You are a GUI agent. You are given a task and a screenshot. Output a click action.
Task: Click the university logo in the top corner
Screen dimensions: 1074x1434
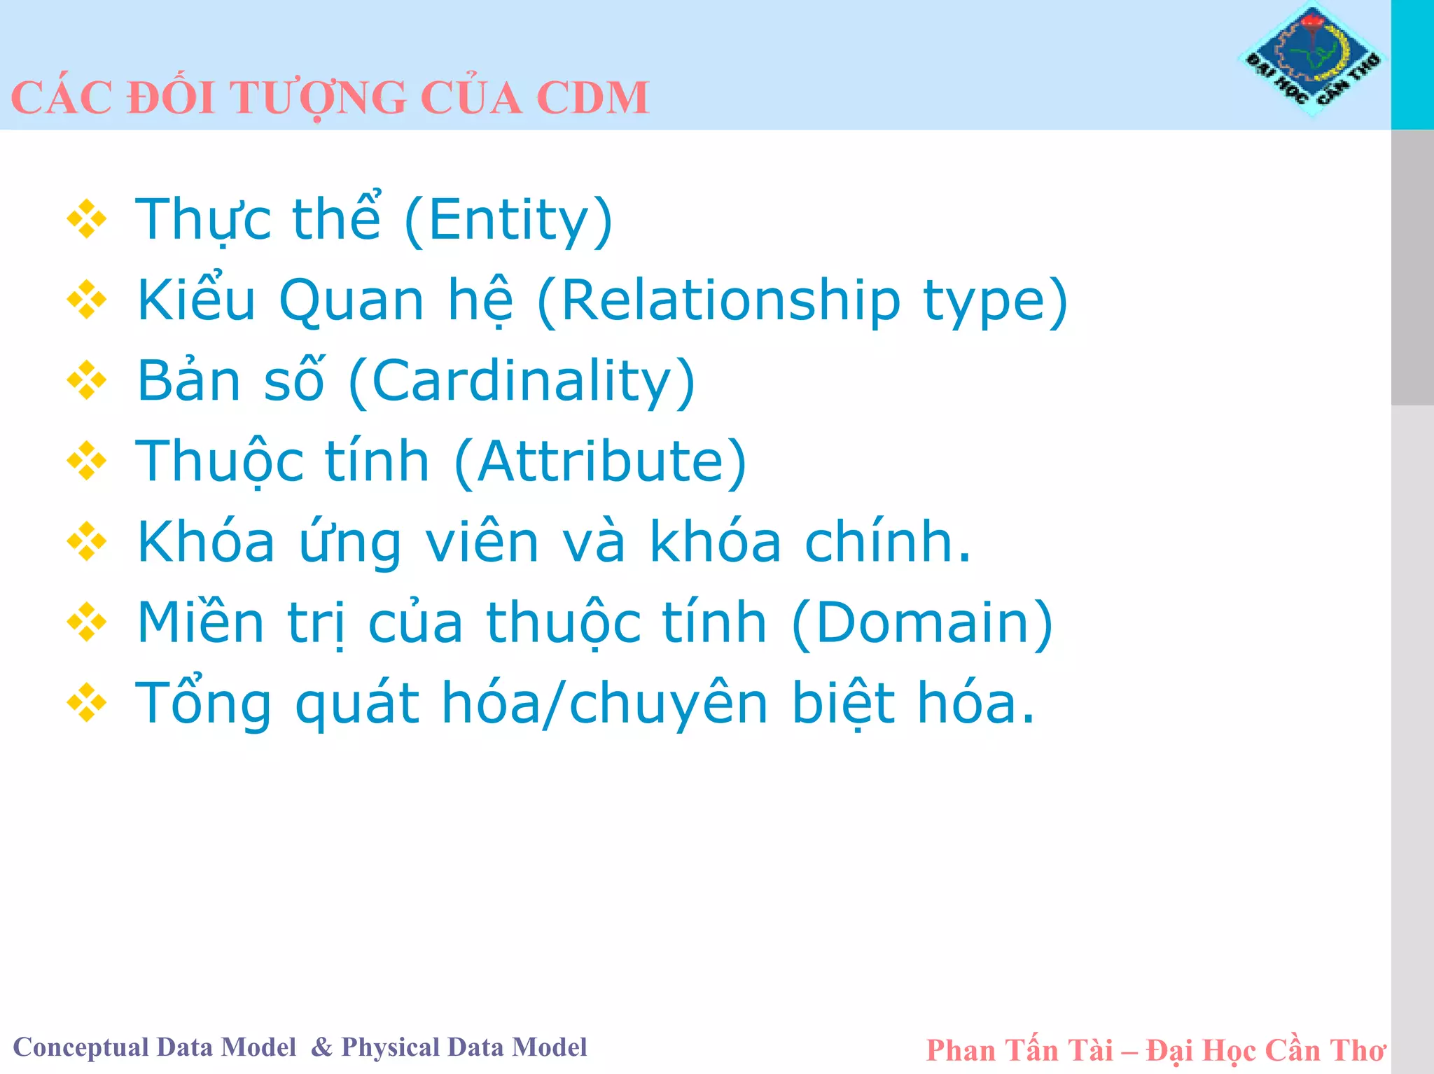pyautogui.click(x=1312, y=60)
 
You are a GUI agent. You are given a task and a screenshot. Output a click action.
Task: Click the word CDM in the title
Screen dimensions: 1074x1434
pyautogui.click(x=592, y=97)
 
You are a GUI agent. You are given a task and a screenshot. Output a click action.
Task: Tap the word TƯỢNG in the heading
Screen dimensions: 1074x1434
pyautogui.click(x=318, y=97)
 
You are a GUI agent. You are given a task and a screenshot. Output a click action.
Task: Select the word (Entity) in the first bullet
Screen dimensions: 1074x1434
pyautogui.click(x=509, y=220)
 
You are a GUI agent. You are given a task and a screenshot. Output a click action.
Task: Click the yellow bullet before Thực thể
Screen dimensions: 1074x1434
pyautogui.click(x=87, y=219)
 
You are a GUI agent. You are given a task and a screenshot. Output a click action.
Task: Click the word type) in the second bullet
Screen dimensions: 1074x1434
pyautogui.click(x=995, y=301)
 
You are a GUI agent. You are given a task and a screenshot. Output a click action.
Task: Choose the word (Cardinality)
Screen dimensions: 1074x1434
pyautogui.click(x=522, y=382)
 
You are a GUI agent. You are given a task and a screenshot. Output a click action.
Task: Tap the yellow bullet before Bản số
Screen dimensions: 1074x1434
pyautogui.click(x=87, y=380)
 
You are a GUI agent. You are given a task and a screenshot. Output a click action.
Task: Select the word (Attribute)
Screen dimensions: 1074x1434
pyautogui.click(x=601, y=462)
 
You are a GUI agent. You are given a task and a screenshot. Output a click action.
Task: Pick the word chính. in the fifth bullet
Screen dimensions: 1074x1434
pyautogui.click(x=888, y=542)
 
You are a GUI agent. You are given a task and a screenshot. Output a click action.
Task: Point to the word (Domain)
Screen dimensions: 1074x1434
pyautogui.click(x=922, y=622)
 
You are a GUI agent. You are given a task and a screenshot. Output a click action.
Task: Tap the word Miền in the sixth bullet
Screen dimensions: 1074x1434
pyautogui.click(x=201, y=622)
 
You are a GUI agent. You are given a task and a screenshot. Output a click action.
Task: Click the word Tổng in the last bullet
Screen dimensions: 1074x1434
pyautogui.click(x=203, y=704)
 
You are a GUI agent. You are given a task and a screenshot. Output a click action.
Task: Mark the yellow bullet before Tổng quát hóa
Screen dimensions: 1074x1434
pyautogui.click(x=87, y=702)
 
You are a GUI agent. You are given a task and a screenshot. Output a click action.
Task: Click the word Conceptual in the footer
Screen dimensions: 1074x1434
pyautogui.click(x=81, y=1048)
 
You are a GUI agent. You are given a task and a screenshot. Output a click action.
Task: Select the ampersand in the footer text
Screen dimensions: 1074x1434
pyautogui.click(x=321, y=1047)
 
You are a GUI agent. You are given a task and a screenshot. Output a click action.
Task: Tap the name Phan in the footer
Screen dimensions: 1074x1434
pyautogui.click(x=959, y=1051)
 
